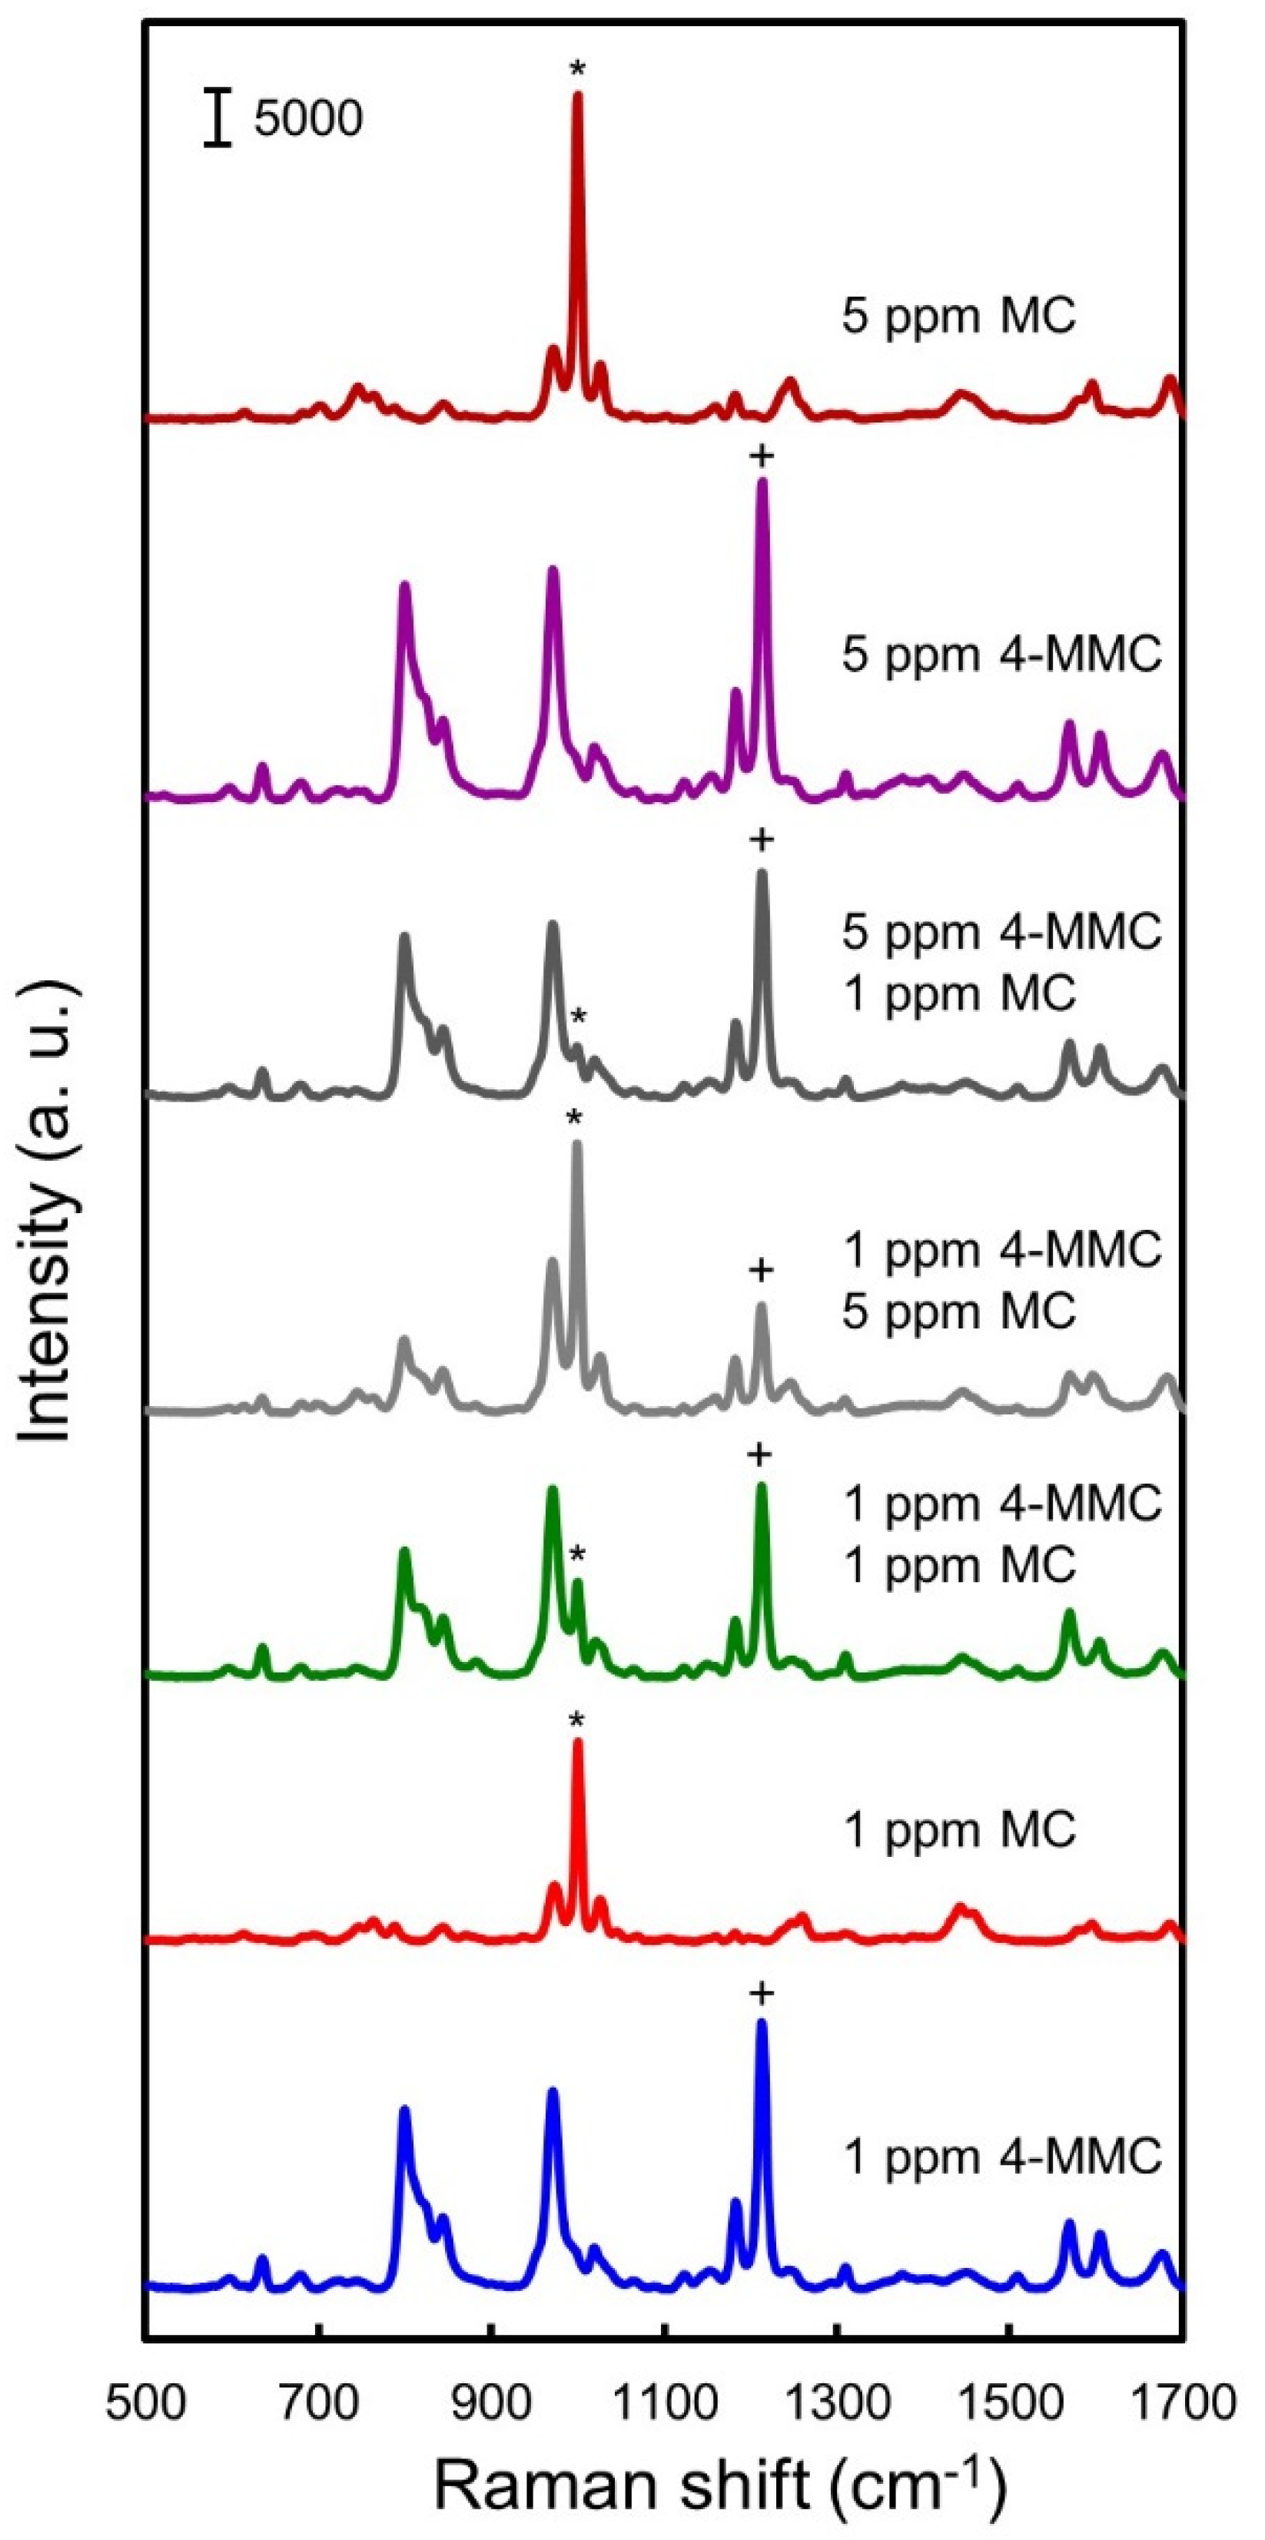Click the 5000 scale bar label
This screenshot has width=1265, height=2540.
point(307,119)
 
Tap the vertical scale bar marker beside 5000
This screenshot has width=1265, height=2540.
point(218,119)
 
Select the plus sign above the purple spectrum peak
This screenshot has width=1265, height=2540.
point(761,456)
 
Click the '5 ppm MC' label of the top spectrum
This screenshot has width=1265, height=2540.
point(958,317)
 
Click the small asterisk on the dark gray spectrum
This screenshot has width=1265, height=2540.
point(579,1017)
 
